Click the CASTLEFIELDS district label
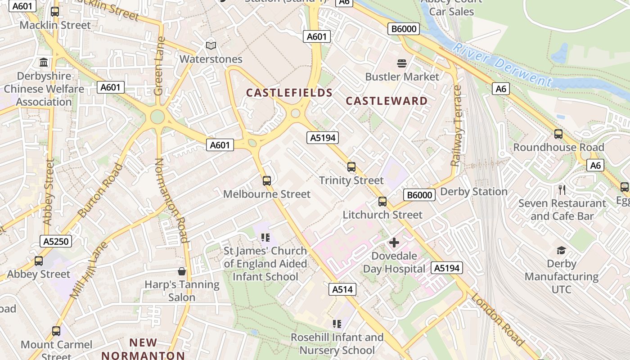(x=289, y=93)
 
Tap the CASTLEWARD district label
(x=387, y=101)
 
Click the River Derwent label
(x=502, y=65)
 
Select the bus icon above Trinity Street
(x=351, y=167)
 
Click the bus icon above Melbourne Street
(x=267, y=181)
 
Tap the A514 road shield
(x=342, y=289)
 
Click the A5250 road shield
(x=56, y=242)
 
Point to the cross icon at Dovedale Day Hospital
(x=394, y=243)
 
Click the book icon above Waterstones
(x=211, y=45)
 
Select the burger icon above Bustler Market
(x=402, y=63)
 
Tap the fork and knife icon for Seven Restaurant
(x=562, y=189)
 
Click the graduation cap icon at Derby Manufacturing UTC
(x=561, y=250)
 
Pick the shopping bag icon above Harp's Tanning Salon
(x=182, y=271)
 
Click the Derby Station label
(x=474, y=192)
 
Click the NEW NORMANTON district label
(x=143, y=349)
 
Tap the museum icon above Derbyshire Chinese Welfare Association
(x=44, y=63)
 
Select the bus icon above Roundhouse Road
(x=558, y=134)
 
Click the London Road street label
(x=498, y=319)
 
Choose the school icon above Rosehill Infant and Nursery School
(x=337, y=324)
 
